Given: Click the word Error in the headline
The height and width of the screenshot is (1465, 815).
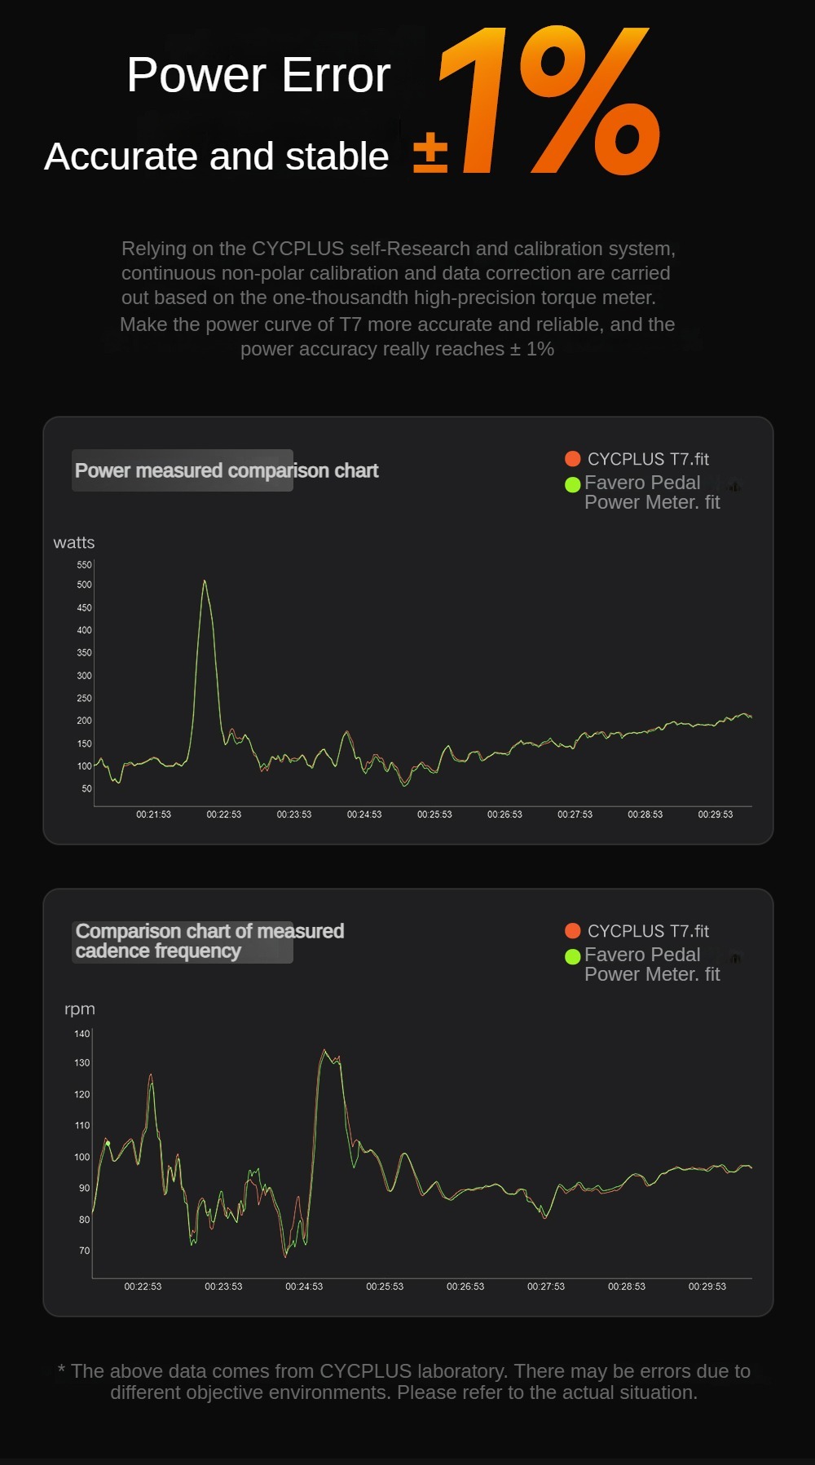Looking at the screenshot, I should (336, 76).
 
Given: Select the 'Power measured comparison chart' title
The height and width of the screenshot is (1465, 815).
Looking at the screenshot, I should (227, 470).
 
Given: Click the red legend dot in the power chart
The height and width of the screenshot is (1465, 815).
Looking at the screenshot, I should (573, 459).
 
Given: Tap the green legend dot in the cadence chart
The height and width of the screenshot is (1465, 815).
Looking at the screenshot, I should (573, 955).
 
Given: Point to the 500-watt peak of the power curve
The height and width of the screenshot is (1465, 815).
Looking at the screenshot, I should (205, 582).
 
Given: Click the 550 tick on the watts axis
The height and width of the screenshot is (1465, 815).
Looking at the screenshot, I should (84, 564).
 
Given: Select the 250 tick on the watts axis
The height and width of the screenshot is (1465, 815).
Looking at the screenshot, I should (84, 698).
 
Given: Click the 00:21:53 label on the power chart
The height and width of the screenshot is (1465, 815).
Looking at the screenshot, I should (153, 814).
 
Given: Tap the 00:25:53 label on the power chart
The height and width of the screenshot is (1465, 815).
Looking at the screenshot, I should (434, 814).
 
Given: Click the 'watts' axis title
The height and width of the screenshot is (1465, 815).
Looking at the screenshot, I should (74, 543).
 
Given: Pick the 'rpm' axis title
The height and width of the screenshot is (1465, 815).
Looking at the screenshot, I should (80, 1009).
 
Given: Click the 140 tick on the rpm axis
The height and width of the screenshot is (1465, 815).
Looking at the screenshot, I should (81, 1034).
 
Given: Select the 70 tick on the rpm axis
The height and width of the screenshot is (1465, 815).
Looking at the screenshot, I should (84, 1251).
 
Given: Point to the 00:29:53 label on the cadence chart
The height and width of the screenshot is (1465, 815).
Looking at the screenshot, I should (707, 1286).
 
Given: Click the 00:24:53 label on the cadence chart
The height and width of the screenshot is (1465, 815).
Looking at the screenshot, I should (304, 1286).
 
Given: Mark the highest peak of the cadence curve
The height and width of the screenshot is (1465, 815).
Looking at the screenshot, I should (324, 1051).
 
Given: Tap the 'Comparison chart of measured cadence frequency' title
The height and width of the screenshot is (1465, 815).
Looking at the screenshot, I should (209, 941).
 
